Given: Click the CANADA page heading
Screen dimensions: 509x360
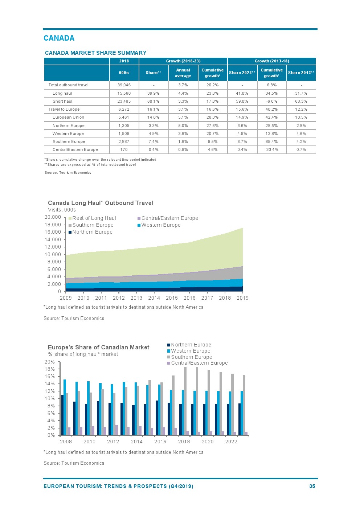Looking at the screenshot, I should (x=59, y=38).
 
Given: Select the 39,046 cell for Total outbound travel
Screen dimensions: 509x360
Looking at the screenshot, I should (x=124, y=85).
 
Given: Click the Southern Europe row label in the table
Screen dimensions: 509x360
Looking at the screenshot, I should (x=69, y=141).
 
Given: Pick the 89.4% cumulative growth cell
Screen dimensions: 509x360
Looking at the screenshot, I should (x=271, y=141).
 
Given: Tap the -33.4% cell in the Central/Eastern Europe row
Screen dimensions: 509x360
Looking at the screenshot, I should (x=271, y=149).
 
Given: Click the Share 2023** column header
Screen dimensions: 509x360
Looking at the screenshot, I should (x=242, y=73).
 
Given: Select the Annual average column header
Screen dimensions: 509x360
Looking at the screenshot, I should (x=183, y=73).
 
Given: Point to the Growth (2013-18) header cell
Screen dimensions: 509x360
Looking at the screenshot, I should (x=272, y=61).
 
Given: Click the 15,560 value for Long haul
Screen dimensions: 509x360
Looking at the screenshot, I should (x=124, y=93).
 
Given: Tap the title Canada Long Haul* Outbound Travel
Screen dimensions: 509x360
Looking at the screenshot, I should (x=100, y=203).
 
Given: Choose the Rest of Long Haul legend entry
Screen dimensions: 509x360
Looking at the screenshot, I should (x=94, y=218).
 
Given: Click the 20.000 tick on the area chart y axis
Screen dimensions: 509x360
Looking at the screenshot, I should (x=53, y=217).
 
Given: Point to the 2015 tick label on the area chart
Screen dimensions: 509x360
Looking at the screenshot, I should (x=172, y=298).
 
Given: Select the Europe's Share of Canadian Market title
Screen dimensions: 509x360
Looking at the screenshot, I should (x=98, y=347).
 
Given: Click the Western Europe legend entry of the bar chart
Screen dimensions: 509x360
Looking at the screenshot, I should (x=191, y=351).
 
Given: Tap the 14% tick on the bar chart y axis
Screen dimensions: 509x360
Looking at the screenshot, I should (x=49, y=383).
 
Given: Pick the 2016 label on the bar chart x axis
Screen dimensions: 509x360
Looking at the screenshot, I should (x=160, y=442).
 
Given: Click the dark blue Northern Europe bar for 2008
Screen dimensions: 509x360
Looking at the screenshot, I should (x=62, y=415).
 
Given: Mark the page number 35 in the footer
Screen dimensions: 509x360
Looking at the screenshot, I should (x=312, y=486).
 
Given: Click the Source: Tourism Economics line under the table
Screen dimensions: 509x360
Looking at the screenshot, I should (x=68, y=173).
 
